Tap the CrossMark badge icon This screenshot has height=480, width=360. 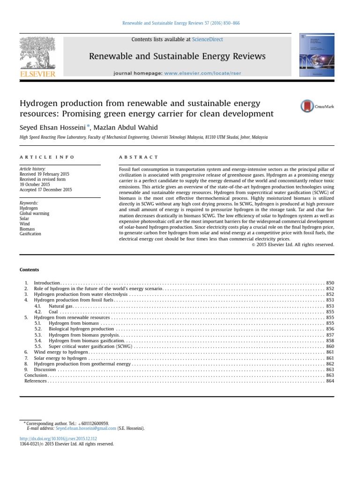coord(307,106)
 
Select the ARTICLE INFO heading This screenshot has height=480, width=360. coord(47,157)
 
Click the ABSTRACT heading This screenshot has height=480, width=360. coord(139,157)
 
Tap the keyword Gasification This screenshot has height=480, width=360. coord(30,233)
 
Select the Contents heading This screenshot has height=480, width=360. coord(30,270)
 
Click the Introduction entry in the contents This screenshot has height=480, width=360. coord(47,283)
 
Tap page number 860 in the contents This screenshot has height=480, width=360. coord(330,346)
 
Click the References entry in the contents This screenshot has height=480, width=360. coord(36,381)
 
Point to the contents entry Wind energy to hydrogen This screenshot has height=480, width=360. coord(61,352)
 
